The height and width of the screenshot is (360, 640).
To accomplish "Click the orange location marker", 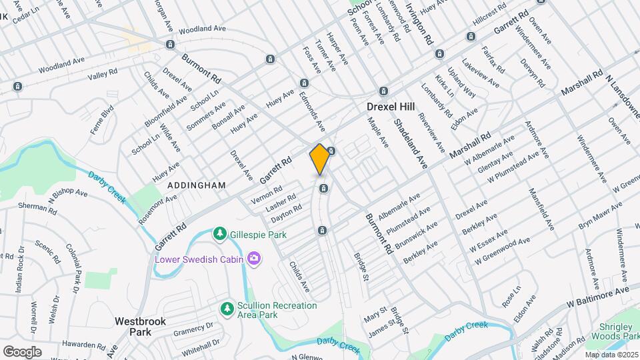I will pyautogui.click(x=320, y=159).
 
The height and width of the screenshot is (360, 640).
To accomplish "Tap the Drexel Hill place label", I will pyautogui.click(x=390, y=107).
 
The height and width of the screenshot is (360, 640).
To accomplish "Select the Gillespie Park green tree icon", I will pyautogui.click(x=219, y=234).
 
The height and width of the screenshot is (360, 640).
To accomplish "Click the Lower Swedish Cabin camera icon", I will pyautogui.click(x=253, y=259).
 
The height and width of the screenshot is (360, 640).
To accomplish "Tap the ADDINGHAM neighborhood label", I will pyautogui.click(x=197, y=185).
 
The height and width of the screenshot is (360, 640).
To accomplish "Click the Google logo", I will pyautogui.click(x=22, y=351).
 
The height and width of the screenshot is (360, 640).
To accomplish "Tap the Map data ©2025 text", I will pyautogui.click(x=610, y=355).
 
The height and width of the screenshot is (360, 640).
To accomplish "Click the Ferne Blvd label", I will pyautogui.click(x=99, y=120).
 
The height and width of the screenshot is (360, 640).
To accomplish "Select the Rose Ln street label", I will pyautogui.click(x=511, y=295).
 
